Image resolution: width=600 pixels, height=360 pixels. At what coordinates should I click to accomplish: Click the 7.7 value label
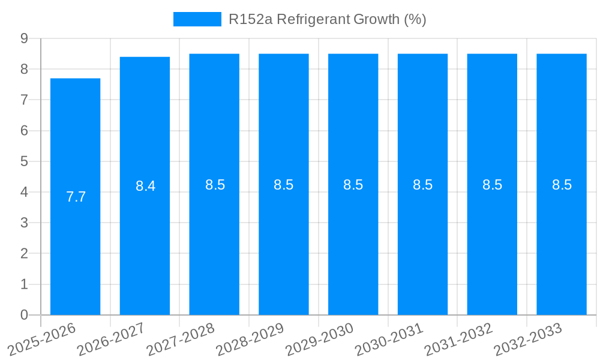tap(76, 197)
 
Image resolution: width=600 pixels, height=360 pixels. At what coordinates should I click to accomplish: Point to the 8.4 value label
tap(145, 186)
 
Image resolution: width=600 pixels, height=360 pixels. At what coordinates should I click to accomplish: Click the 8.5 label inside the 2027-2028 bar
tap(215, 185)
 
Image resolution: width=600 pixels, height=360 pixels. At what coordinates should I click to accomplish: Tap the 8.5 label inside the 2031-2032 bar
tap(492, 185)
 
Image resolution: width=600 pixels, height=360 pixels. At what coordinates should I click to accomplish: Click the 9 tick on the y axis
tap(24, 38)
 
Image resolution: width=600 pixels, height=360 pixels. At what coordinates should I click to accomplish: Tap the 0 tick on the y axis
tap(24, 315)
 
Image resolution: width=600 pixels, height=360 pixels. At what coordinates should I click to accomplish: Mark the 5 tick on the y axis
tap(24, 161)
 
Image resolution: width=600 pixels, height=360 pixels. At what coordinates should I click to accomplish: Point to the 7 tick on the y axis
tap(24, 100)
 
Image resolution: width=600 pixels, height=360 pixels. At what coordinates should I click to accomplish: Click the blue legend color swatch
tap(197, 19)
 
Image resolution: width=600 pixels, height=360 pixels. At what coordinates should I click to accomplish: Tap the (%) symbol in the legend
tap(415, 19)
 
